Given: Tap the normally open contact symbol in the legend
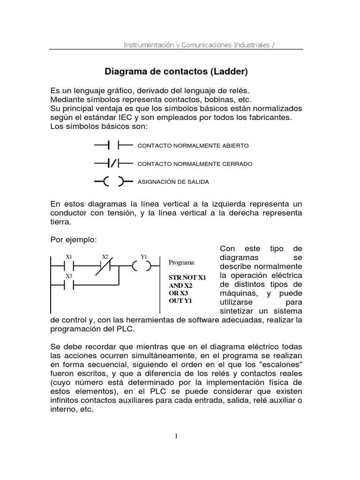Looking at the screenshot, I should (x=113, y=146).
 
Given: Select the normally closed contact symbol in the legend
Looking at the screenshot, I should (x=113, y=164).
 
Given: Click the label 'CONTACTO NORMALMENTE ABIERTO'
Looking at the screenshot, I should (x=193, y=146).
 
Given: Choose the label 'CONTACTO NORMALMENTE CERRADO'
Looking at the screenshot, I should (x=195, y=164).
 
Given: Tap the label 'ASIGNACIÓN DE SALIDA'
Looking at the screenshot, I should (x=173, y=181).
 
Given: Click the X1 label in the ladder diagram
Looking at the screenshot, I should (x=69, y=256).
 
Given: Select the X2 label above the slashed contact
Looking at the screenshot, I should (x=105, y=256).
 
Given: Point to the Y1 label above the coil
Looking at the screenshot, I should (x=144, y=256).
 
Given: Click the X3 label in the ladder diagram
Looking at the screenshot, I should (x=69, y=276).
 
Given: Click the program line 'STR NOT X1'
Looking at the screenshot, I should (x=187, y=277).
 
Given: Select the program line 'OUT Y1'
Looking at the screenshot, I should (x=180, y=301).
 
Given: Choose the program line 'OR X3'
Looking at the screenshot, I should (x=178, y=293).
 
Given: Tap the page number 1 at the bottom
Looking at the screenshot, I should (x=176, y=436).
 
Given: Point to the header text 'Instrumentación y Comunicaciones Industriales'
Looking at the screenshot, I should (x=196, y=45).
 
